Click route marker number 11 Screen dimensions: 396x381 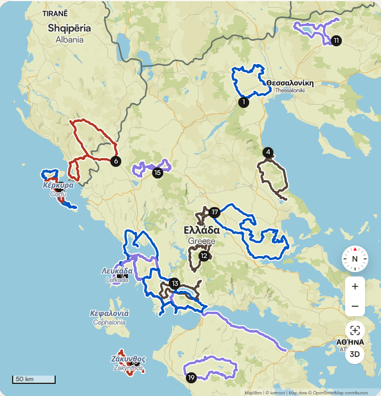(336, 40)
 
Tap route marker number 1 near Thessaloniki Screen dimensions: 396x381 (243, 102)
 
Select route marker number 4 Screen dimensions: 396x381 (268, 153)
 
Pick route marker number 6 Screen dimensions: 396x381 (115, 161)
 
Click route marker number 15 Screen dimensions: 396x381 (158, 173)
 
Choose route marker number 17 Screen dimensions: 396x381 (214, 213)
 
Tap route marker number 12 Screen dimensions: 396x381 (205, 256)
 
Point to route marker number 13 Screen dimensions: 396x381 (174, 284)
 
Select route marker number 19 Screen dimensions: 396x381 (191, 378)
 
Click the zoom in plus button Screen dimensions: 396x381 (355, 286)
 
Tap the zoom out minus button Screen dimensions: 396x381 (355, 306)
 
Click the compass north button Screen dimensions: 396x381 (355, 259)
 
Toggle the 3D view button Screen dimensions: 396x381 (355, 354)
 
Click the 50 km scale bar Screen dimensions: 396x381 (34, 379)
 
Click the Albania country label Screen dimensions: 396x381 (69, 33)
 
